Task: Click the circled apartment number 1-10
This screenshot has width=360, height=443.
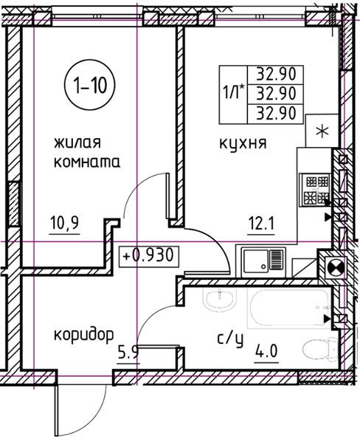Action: [x=90, y=86]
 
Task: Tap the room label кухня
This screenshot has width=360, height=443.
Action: [x=243, y=143]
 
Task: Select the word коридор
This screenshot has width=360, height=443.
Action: [x=84, y=336]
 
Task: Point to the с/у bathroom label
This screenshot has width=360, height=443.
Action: [x=230, y=340]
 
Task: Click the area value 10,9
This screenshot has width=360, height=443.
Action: [x=64, y=224]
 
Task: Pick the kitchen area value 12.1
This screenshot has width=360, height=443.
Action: [x=261, y=224]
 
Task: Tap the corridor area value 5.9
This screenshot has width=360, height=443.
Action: [x=128, y=353]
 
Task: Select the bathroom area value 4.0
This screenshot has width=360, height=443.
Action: [x=266, y=352]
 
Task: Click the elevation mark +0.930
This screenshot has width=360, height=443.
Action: [x=149, y=256]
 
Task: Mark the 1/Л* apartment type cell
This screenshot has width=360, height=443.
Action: [x=233, y=95]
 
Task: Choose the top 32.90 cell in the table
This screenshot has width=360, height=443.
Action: [x=276, y=75]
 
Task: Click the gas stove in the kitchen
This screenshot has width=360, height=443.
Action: [x=316, y=189]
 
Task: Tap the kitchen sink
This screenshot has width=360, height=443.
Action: [x=263, y=261]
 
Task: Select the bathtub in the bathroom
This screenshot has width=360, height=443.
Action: [x=289, y=308]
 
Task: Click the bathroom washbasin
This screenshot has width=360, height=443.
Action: [x=220, y=300]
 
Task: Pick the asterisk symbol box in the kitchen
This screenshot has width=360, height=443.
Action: [x=322, y=131]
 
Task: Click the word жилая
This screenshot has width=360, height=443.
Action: [x=77, y=142]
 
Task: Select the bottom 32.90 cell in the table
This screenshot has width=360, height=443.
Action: [x=276, y=114]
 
